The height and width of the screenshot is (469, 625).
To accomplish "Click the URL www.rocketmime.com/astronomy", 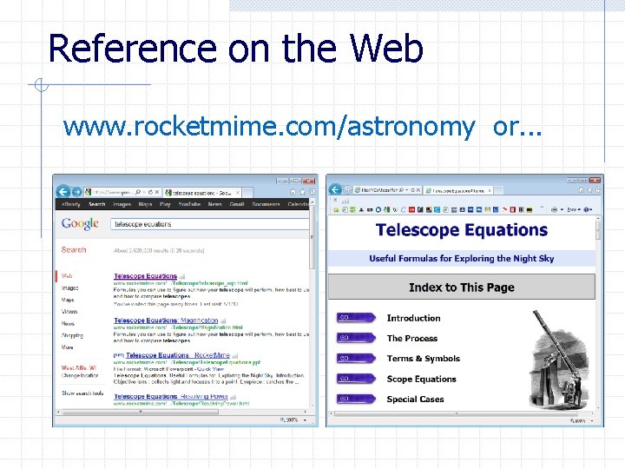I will [x=268, y=127].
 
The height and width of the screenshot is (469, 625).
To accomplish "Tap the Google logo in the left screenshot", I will [x=81, y=224].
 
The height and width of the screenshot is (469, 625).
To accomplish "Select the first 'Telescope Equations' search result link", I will [x=145, y=276].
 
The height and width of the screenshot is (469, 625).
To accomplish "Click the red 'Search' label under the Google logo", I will [x=74, y=250].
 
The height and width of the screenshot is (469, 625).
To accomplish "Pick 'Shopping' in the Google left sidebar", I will [x=73, y=335].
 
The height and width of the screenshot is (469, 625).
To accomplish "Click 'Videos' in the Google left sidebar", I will [x=69, y=311].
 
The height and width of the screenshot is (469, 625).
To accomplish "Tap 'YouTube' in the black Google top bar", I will [x=188, y=205].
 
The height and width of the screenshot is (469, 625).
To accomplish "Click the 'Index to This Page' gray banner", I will [x=461, y=287].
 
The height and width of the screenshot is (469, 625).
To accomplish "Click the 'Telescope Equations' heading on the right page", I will [x=461, y=230].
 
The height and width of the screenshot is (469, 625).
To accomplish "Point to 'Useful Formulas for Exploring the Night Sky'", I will [x=461, y=259].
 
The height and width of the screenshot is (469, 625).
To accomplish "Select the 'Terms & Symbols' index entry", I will [x=423, y=359].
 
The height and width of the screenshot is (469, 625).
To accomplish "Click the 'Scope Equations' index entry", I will [x=421, y=380].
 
